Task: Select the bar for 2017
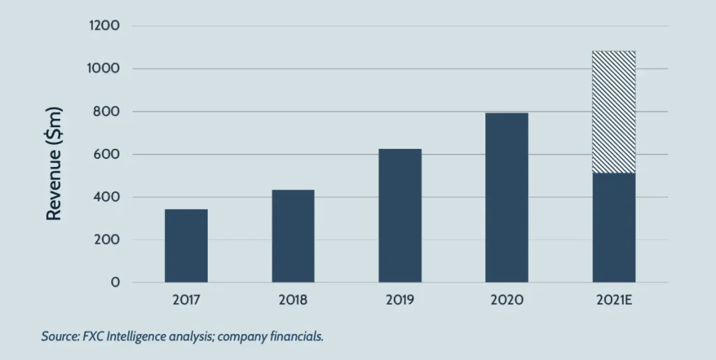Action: (186, 245)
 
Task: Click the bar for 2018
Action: (293, 236)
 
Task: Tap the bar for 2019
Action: (400, 215)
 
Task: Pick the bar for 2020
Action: (507, 197)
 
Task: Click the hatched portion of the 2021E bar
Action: (614, 112)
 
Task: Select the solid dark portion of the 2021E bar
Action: (614, 227)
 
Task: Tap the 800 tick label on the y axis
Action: (108, 112)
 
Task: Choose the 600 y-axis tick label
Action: (108, 154)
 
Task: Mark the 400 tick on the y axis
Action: (108, 197)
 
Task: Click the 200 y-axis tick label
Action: (108, 240)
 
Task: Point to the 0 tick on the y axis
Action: (115, 282)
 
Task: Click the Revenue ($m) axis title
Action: (55, 164)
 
